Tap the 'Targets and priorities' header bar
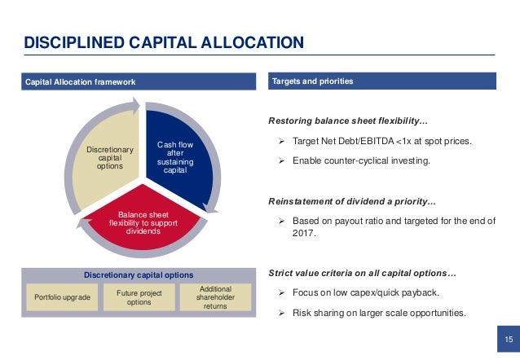[x=382, y=81]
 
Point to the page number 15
[x=508, y=340]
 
